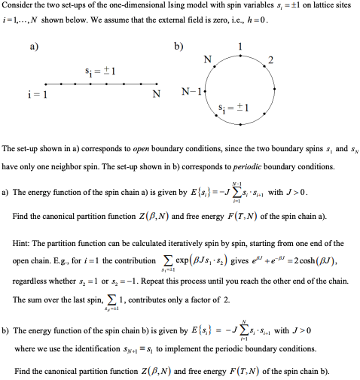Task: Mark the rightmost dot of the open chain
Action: tap(154, 84)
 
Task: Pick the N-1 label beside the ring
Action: tap(190, 93)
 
